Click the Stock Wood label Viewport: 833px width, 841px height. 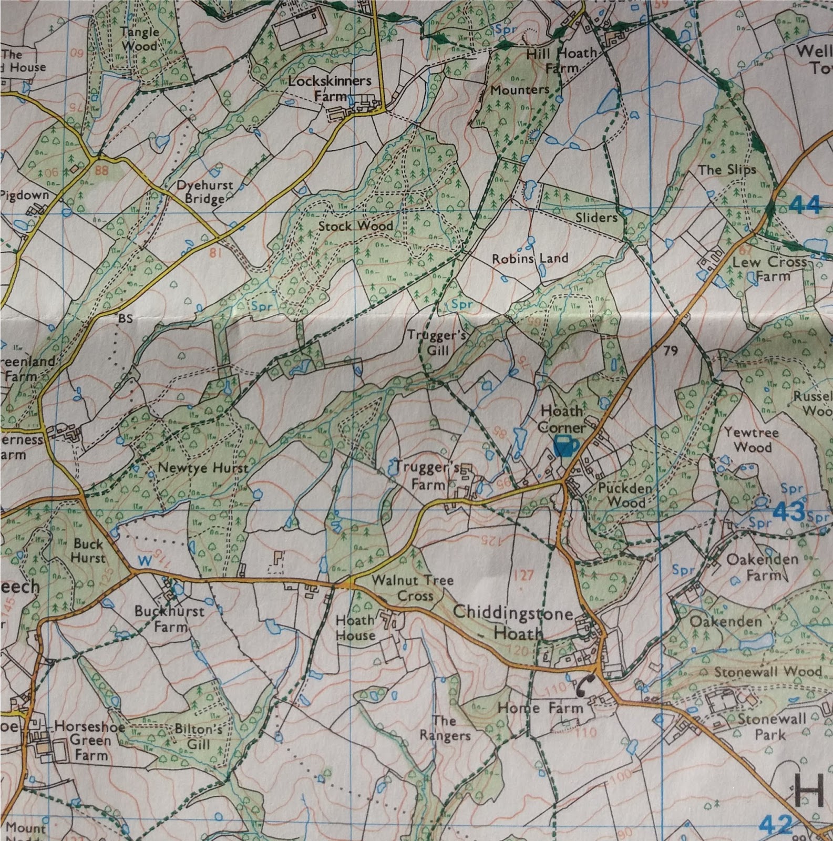point(356,226)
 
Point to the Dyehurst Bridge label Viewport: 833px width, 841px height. point(204,192)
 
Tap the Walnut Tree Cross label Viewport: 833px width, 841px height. point(412,588)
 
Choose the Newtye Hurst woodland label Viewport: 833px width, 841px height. point(203,468)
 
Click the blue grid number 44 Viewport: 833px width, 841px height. point(805,205)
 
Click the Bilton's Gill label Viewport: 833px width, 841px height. point(198,737)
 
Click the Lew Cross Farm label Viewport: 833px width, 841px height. point(769,269)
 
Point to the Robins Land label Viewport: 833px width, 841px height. point(529,259)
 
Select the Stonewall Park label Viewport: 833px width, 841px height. point(771,726)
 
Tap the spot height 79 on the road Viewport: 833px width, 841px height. point(670,351)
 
